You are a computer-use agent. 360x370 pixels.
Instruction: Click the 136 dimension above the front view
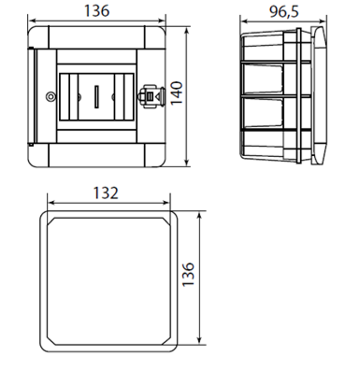tap(97, 11)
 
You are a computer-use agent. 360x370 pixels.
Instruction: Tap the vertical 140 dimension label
tap(177, 93)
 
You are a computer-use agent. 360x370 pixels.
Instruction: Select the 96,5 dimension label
tap(284, 12)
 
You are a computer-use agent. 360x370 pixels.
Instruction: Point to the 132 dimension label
tap(106, 193)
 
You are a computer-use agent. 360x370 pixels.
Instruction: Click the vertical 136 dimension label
tap(188, 274)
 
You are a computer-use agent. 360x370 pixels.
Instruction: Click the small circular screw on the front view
tap(50, 97)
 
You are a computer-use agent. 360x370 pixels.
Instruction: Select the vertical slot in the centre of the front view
tap(97, 97)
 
